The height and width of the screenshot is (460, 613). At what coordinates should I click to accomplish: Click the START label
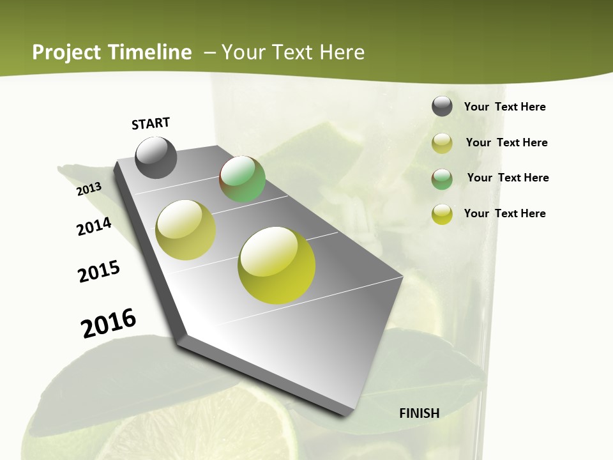click(x=151, y=123)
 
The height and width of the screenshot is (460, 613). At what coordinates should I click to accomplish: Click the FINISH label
click(x=419, y=413)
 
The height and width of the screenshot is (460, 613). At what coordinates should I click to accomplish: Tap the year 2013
click(x=89, y=188)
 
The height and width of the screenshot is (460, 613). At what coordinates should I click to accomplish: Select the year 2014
click(x=95, y=226)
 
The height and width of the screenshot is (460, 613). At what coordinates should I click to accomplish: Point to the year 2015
click(x=99, y=272)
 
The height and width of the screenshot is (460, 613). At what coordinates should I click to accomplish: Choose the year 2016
click(x=109, y=323)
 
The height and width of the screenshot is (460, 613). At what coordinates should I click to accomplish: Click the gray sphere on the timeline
click(x=156, y=157)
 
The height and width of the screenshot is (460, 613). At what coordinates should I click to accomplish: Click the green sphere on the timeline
click(x=242, y=179)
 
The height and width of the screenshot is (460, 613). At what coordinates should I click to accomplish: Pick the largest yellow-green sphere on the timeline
click(x=276, y=264)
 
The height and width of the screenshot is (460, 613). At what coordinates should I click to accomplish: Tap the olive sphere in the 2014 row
click(x=185, y=230)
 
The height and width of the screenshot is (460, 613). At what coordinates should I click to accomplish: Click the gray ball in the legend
click(x=442, y=107)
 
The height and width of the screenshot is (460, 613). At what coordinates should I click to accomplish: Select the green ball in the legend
click(x=442, y=178)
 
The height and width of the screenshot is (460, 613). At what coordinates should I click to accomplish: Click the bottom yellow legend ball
click(x=442, y=214)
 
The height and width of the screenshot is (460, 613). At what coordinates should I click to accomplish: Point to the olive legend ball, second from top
click(x=442, y=143)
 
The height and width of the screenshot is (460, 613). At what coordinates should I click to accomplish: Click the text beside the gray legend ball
click(x=504, y=107)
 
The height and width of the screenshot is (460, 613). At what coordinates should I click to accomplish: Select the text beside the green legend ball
click(x=508, y=178)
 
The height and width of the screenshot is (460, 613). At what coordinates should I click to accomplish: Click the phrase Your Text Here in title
click(x=293, y=52)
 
